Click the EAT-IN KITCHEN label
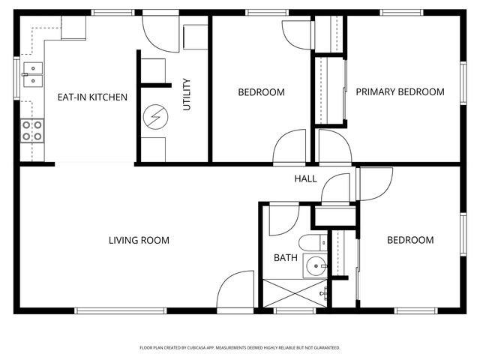point(92,97)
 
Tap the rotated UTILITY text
point(187,94)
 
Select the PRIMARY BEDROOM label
point(400,92)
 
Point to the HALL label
point(305,179)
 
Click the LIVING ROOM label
point(139,241)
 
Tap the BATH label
point(285,258)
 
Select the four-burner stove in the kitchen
point(32,131)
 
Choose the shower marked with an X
point(294,292)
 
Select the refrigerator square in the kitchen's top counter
point(73,28)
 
